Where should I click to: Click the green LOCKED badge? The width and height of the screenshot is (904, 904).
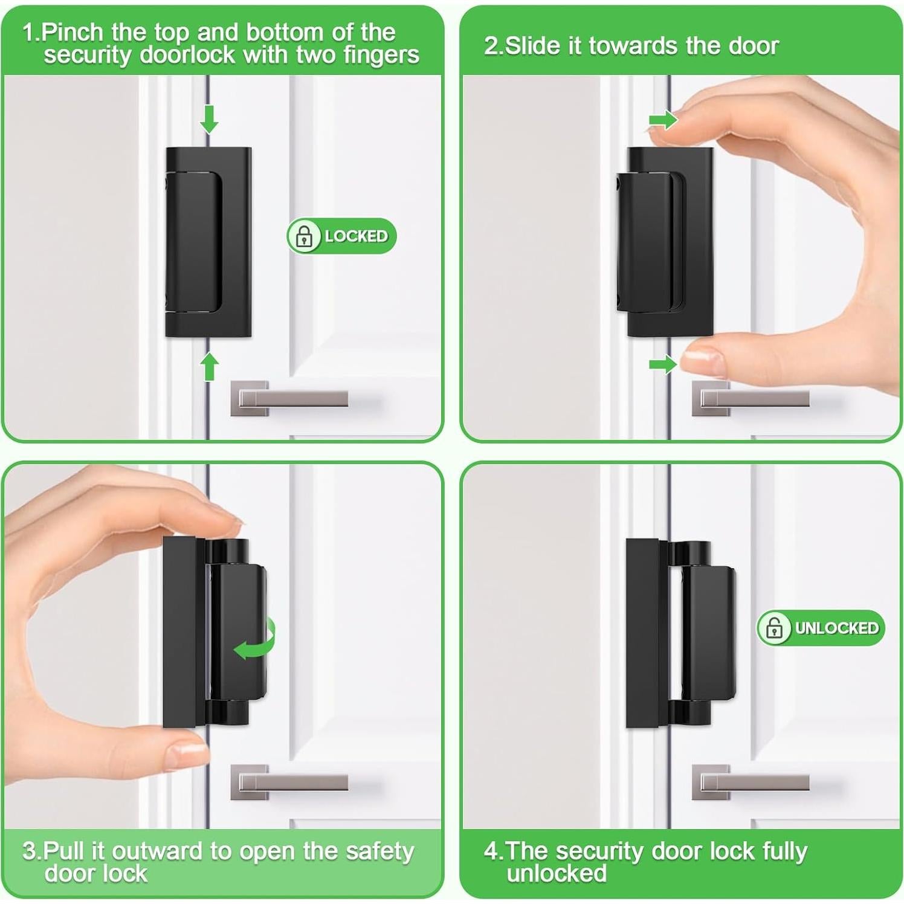(341, 236)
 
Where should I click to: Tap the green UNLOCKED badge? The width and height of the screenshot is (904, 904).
(821, 628)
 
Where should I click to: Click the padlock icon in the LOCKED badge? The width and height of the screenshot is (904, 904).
(304, 236)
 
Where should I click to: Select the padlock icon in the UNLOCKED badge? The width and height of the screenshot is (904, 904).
(774, 628)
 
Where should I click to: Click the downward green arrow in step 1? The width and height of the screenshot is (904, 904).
(209, 118)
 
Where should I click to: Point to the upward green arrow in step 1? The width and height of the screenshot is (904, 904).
(209, 366)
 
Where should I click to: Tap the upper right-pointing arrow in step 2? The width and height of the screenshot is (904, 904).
(662, 120)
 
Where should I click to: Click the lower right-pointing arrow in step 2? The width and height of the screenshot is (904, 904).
(662, 364)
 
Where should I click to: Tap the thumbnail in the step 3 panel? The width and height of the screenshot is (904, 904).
(184, 752)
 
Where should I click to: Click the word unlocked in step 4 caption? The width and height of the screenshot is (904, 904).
(557, 874)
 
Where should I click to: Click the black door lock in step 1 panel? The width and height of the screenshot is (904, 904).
(208, 242)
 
